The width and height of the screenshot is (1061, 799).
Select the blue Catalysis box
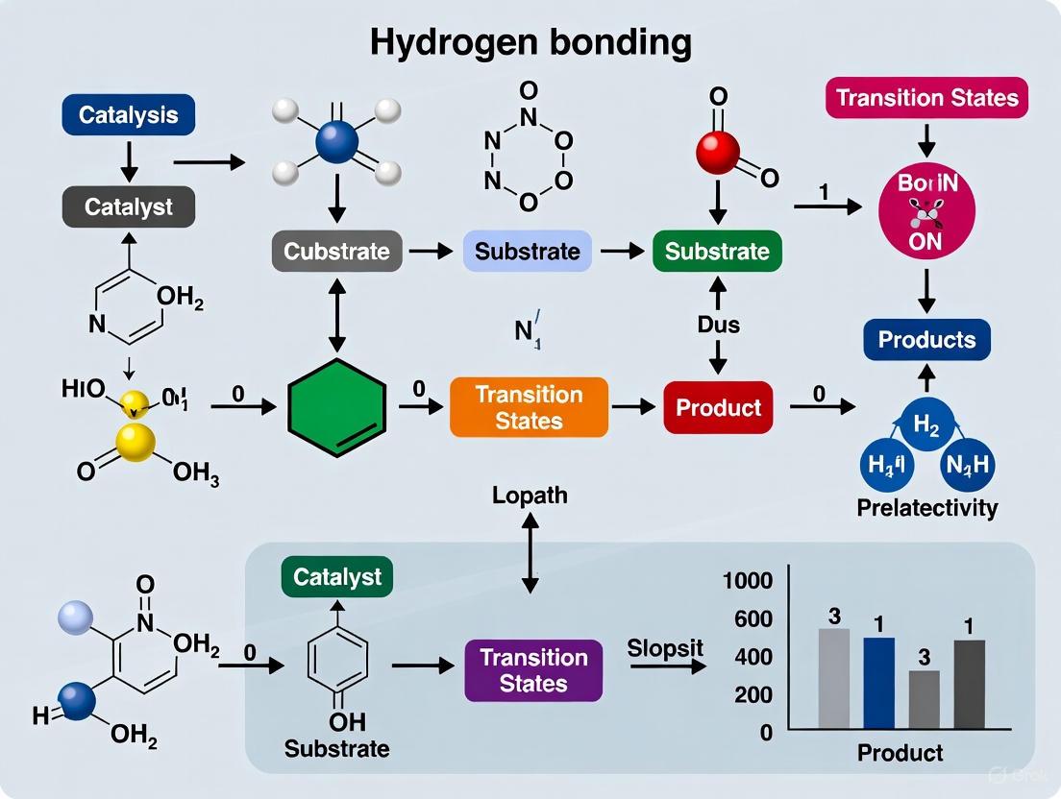click(x=128, y=115)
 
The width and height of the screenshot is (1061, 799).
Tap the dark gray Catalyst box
click(x=128, y=206)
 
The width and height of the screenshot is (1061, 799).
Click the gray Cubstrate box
click(x=336, y=252)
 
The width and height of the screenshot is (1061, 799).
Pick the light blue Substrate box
click(x=528, y=252)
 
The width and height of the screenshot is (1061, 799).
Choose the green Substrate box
click(x=717, y=252)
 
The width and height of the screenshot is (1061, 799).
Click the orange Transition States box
click(x=528, y=408)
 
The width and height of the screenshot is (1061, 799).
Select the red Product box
click(x=718, y=407)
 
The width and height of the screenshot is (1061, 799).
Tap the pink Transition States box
click(x=926, y=98)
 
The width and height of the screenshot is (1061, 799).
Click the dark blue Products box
click(x=926, y=340)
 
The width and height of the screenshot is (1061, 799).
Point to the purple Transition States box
click(x=533, y=670)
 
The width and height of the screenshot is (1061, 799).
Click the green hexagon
click(x=337, y=407)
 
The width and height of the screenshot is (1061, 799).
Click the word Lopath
click(x=530, y=496)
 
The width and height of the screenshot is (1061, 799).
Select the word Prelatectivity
click(x=926, y=508)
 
